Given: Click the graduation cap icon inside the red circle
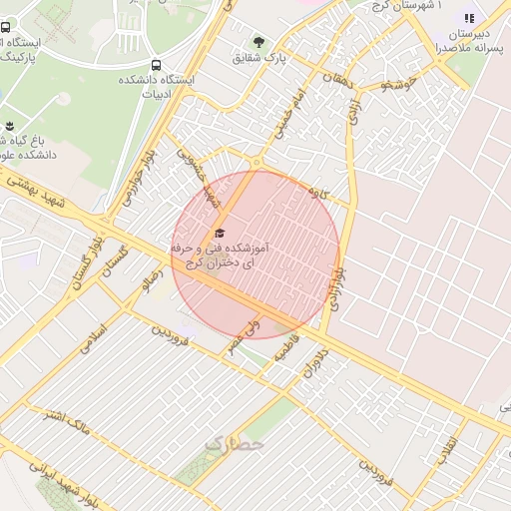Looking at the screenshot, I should coord(219,233).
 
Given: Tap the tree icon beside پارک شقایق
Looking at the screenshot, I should coord(259,43).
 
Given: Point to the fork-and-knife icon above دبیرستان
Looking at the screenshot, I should coord(469,18).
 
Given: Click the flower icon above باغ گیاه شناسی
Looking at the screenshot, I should coord(9,126).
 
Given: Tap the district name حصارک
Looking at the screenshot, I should coord(234,442).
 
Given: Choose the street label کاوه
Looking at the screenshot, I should coord(319,191).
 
